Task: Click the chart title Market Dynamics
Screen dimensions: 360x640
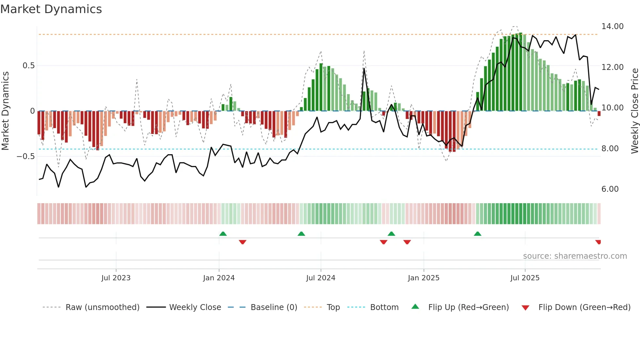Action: click(51, 9)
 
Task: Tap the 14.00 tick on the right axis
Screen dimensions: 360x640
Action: click(612, 26)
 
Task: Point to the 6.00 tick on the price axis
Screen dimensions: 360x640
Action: click(610, 189)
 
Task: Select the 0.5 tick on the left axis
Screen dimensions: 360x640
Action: click(28, 66)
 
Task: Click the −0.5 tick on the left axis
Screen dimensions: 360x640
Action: click(26, 156)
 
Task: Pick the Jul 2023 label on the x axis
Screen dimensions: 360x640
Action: click(116, 278)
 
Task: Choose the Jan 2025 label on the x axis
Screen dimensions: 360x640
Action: click(424, 278)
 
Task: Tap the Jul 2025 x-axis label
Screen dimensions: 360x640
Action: click(525, 278)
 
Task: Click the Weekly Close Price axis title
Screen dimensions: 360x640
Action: click(634, 111)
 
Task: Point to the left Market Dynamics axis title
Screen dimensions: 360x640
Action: click(5, 111)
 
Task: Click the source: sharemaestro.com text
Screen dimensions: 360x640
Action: click(575, 256)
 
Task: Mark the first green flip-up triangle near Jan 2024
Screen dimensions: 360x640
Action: click(223, 234)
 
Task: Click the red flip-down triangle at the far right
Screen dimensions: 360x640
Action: click(598, 242)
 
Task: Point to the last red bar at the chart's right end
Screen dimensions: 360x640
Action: click(599, 113)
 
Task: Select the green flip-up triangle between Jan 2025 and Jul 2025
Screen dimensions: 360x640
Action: click(477, 234)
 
